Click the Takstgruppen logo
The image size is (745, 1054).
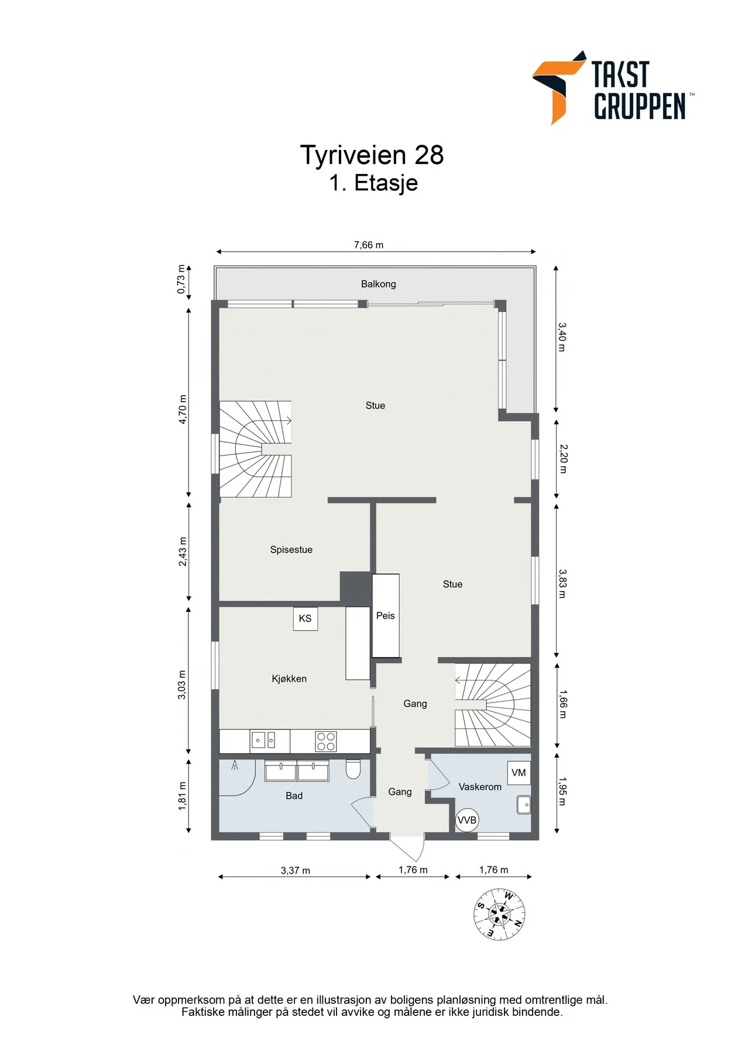point(613,88)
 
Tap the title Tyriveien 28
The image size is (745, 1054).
point(372,155)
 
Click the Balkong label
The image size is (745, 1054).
point(379,284)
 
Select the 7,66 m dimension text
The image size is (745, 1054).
point(369,245)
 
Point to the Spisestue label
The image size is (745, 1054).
point(291,550)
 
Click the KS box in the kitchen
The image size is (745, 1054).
point(305,618)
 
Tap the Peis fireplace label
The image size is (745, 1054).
point(386,615)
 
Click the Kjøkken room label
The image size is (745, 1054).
point(289,679)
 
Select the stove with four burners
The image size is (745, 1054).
point(326,741)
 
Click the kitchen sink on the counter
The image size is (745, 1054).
point(263,740)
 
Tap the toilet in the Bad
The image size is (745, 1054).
point(353,769)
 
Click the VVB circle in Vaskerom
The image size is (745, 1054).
point(467,820)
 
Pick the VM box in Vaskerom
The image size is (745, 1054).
point(519,773)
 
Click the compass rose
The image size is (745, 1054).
point(499,915)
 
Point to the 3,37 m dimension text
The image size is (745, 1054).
point(296,871)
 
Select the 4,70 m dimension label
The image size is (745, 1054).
point(183,410)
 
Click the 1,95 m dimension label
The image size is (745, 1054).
point(562,792)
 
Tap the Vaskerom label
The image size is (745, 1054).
point(480,787)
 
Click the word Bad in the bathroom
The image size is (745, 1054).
point(294,796)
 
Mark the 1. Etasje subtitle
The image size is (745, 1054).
point(373,183)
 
